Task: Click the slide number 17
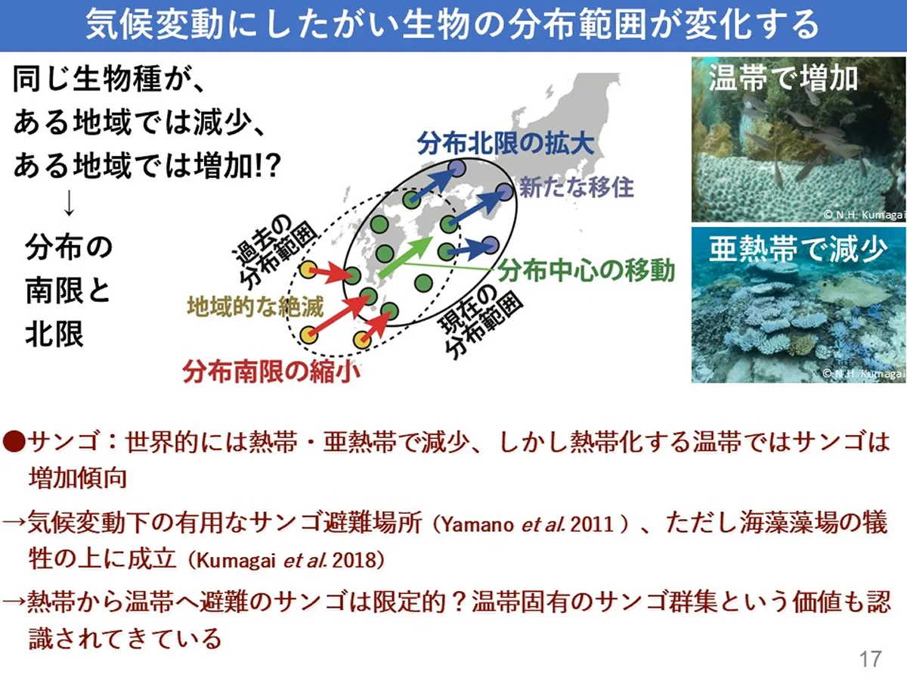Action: pos(871,658)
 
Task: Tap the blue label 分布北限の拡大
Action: pos(506,143)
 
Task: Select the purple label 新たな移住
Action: pos(577,187)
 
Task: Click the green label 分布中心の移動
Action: pos(587,270)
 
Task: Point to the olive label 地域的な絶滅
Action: pos(255,306)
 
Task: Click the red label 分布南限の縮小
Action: pos(271,371)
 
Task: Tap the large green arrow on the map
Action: pos(405,257)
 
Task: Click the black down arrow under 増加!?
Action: pos(70,203)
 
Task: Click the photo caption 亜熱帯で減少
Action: pos(798,249)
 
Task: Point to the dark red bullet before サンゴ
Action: pos(14,441)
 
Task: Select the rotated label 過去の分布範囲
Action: pos(274,250)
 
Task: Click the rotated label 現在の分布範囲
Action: pos(481,320)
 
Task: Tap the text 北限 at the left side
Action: pos(54,334)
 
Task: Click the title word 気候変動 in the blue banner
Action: pos(154,25)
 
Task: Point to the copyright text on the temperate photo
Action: pos(863,214)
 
